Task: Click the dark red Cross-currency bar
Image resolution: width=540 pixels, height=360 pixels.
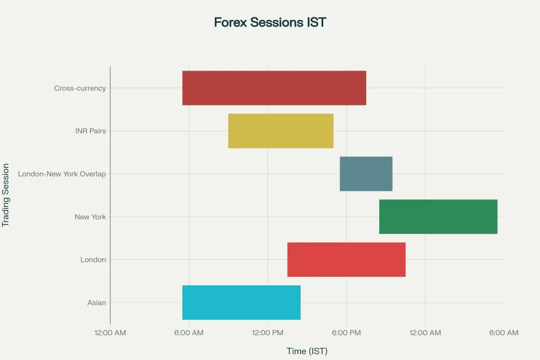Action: point(274,88)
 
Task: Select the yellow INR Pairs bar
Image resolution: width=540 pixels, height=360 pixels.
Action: point(281,131)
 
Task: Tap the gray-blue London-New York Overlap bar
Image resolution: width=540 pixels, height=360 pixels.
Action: point(366,174)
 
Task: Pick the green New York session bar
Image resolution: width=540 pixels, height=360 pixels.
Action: point(438,217)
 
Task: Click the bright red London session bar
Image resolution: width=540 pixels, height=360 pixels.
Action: point(346,259)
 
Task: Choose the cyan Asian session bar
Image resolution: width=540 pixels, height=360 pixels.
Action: point(242,303)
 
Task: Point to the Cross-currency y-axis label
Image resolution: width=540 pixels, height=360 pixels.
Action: point(80,88)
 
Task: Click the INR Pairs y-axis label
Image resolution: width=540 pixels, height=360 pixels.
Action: point(91,131)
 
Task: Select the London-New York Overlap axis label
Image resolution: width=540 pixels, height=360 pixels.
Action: point(62,174)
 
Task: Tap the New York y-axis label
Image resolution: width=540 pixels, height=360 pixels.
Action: point(90,217)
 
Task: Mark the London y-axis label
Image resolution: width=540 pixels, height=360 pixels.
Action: point(93,259)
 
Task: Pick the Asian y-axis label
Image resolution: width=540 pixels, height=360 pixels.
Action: point(97,303)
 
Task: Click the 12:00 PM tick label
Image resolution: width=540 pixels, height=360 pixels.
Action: point(267,333)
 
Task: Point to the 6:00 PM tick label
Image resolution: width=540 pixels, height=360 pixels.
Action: point(346,333)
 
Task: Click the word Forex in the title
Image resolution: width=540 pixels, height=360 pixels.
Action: point(230,22)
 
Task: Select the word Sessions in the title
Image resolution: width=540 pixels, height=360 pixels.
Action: point(276,22)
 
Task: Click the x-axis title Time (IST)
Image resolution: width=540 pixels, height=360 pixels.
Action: point(307,351)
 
